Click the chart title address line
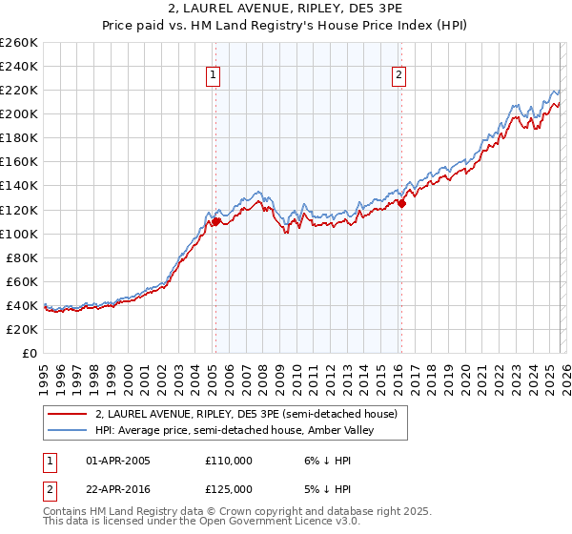(x=285, y=9)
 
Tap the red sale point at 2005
(x=215, y=221)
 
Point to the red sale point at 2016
(x=401, y=203)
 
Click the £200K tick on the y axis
(x=19, y=113)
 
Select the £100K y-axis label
(x=19, y=234)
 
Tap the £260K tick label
(x=19, y=43)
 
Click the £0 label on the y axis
(x=30, y=353)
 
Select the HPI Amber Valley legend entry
(x=237, y=431)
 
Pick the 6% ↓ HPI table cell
(x=325, y=460)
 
